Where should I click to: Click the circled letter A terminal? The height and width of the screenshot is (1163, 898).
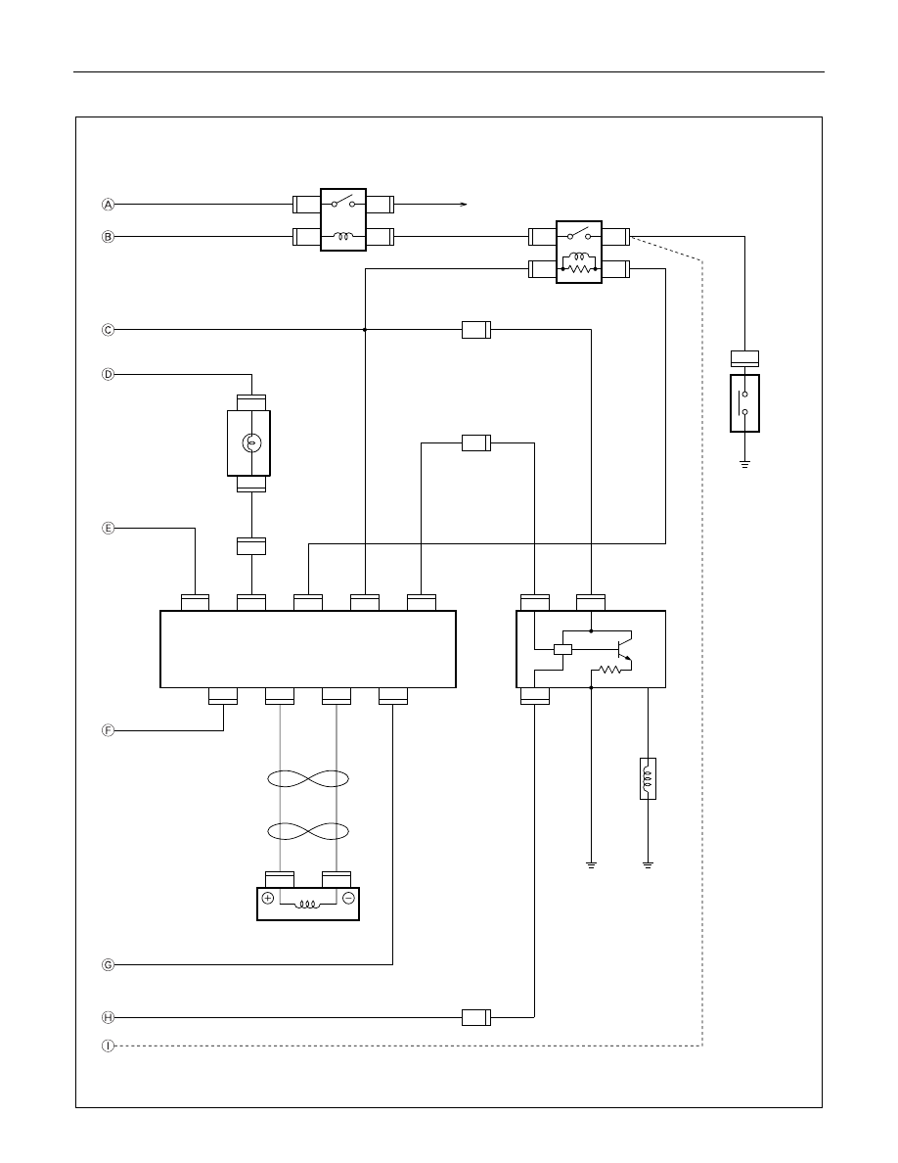click(109, 204)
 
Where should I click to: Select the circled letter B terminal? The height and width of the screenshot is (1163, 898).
click(109, 237)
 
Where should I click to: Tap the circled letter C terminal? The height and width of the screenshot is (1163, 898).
click(109, 329)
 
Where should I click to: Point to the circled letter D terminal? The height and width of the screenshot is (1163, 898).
click(109, 375)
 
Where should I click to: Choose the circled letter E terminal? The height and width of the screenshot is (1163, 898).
click(109, 528)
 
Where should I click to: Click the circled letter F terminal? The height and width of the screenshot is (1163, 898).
click(109, 730)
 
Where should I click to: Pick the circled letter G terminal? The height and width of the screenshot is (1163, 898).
click(109, 965)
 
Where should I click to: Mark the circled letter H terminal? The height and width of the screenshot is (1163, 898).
click(109, 1018)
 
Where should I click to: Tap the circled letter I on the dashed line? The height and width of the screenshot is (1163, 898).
click(109, 1046)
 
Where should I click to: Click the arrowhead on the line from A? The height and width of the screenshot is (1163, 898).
click(464, 204)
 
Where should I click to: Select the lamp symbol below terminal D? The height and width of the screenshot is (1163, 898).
click(250, 443)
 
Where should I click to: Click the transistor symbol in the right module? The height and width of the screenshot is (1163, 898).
click(621, 647)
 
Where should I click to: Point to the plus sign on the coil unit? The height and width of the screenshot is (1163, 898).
click(268, 898)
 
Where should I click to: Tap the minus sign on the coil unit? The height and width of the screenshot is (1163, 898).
click(348, 898)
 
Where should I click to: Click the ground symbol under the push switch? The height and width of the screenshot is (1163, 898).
click(744, 464)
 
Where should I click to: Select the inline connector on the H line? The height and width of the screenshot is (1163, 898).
click(476, 1018)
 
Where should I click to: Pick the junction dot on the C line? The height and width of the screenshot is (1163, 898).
click(365, 329)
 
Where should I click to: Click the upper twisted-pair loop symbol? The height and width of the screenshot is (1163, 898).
click(308, 779)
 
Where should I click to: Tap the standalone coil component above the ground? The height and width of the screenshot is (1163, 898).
click(648, 779)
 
